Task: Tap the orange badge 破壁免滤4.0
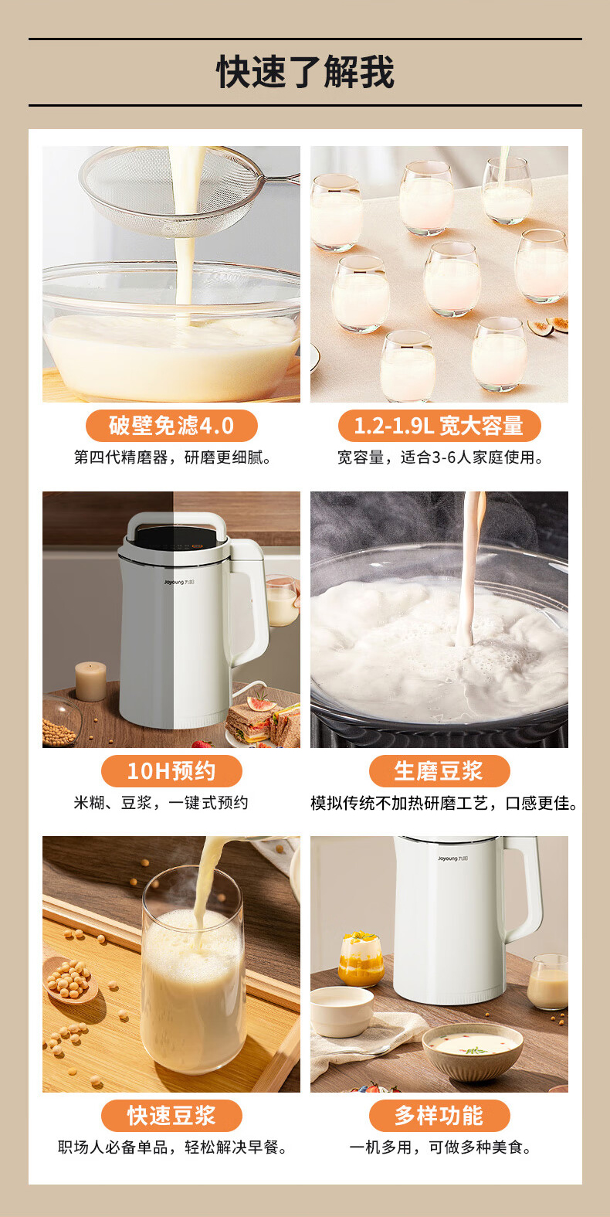coord(171,426)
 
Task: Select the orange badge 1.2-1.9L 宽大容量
coord(439,426)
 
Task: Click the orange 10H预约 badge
coord(171,771)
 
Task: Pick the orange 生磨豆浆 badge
coord(439,771)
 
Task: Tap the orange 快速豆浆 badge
coord(171,1116)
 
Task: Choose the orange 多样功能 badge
coord(439,1116)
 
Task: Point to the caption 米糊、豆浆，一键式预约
coord(161,803)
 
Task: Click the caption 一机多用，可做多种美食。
coord(440,1147)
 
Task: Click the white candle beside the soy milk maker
coord(90,681)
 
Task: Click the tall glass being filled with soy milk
coord(193,973)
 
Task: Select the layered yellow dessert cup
coord(361,959)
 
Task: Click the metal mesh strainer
coord(179,192)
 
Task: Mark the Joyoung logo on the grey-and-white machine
coord(179,583)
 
